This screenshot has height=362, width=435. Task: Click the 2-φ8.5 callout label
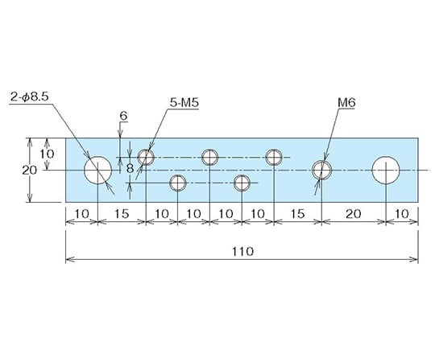click(30, 97)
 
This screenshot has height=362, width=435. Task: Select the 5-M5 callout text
click(184, 103)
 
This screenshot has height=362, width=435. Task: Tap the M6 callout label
click(346, 103)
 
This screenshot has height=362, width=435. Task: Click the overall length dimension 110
click(242, 251)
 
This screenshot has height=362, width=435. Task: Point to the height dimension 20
click(30, 170)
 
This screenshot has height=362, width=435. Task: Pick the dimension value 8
click(130, 168)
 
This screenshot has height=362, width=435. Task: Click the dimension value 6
click(123, 116)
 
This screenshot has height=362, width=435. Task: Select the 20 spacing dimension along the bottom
click(354, 213)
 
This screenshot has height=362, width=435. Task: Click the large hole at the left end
click(98, 170)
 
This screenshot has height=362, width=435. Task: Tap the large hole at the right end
click(386, 170)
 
